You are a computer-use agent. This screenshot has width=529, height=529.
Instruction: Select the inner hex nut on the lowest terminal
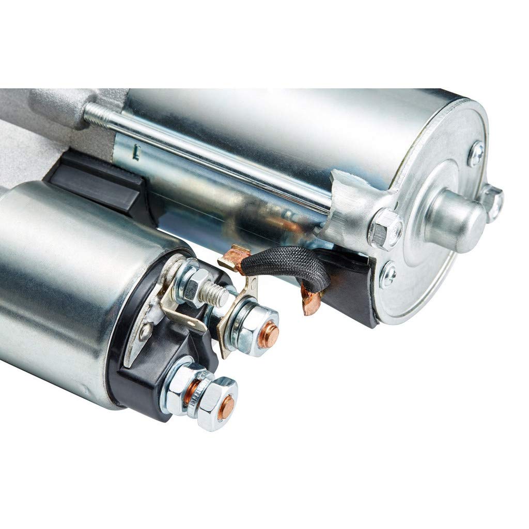(181, 388)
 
